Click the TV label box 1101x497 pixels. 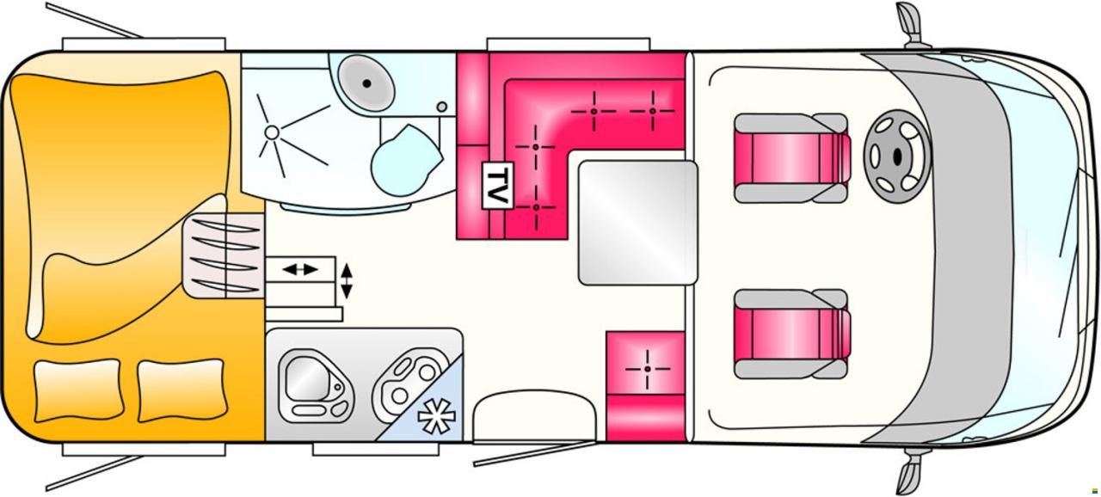click(496, 185)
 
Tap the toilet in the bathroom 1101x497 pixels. click(404, 155)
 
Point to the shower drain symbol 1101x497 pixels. click(272, 132)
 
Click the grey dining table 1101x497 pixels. click(637, 221)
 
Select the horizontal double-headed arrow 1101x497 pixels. click(299, 269)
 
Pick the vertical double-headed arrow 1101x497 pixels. click(347, 280)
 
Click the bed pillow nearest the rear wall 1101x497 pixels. click(77, 390)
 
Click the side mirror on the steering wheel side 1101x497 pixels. click(909, 19)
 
